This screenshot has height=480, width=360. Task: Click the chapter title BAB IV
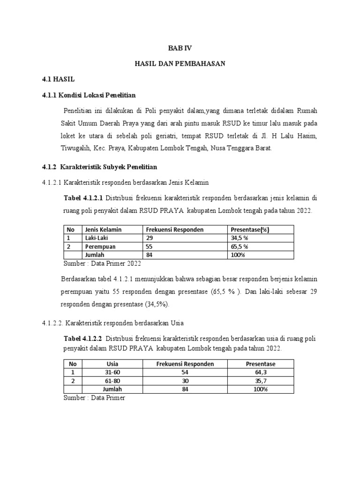(180, 48)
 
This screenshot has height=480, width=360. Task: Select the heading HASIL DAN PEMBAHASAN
(180, 64)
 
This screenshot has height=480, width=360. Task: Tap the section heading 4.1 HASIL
(58, 80)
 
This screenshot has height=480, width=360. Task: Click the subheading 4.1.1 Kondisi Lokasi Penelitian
(89, 95)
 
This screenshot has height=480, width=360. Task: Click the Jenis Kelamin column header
(103, 229)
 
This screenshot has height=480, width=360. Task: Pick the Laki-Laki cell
(97, 238)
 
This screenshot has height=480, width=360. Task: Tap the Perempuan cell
(99, 246)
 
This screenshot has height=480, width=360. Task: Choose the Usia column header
(112, 364)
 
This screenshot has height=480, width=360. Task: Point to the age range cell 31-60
(112, 372)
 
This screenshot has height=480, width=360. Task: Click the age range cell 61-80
(112, 381)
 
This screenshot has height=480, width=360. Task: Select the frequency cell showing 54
(185, 372)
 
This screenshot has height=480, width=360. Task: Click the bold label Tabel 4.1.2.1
(83, 198)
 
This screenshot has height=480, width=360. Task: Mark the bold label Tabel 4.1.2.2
(83, 338)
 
